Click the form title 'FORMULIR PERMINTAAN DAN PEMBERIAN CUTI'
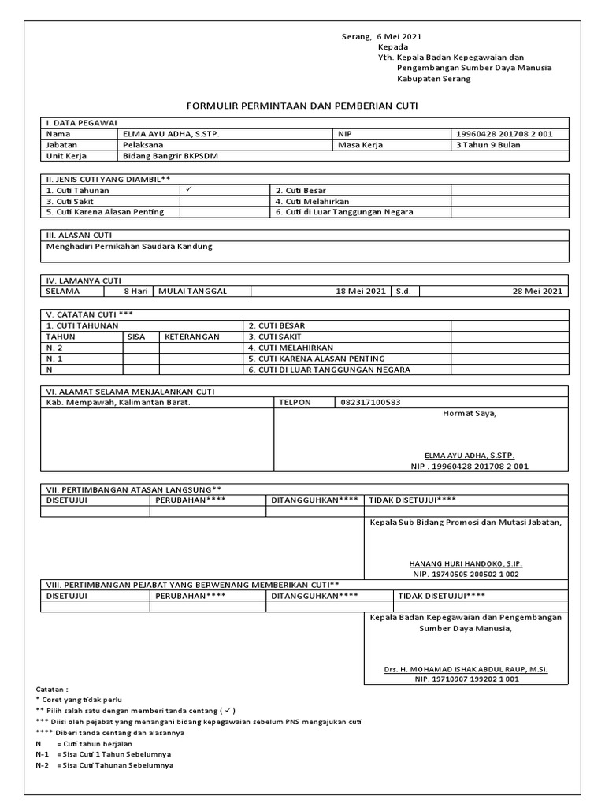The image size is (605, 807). pyautogui.click(x=302, y=105)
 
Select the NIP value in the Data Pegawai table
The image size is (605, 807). pyautogui.click(x=504, y=134)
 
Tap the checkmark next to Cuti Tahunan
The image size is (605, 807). pyautogui.click(x=188, y=190)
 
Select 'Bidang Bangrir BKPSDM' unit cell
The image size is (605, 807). pyautogui.click(x=165, y=156)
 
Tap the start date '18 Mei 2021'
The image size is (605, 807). pyautogui.click(x=360, y=292)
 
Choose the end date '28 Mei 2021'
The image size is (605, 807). pyautogui.click(x=537, y=292)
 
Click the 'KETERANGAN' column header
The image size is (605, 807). pyautogui.click(x=191, y=337)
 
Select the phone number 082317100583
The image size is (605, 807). pyautogui.click(x=370, y=403)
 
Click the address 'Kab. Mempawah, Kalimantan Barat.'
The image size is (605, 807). pyautogui.click(x=119, y=403)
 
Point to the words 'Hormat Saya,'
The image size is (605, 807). pyautogui.click(x=470, y=413)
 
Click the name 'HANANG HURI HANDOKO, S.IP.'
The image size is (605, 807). pyautogui.click(x=465, y=564)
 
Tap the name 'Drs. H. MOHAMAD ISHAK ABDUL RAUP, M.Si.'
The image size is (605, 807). pyautogui.click(x=465, y=669)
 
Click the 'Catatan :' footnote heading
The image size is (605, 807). pyautogui.click(x=53, y=689)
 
